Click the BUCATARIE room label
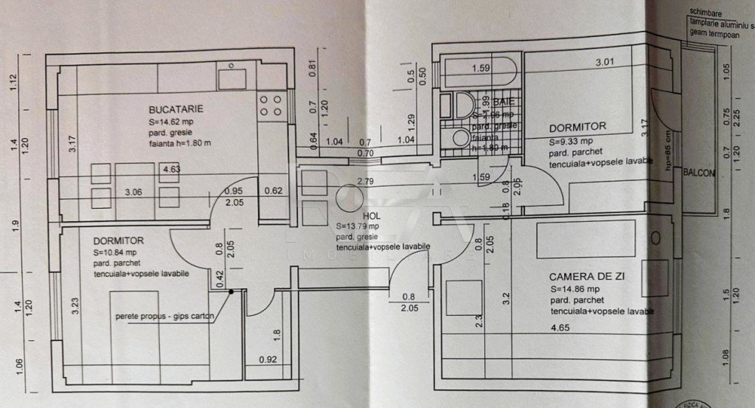point(175,109)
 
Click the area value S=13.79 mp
point(358,226)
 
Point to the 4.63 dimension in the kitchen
point(173,169)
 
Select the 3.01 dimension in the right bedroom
point(605,62)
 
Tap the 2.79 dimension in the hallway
point(364,181)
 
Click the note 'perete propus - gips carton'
point(164,317)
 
